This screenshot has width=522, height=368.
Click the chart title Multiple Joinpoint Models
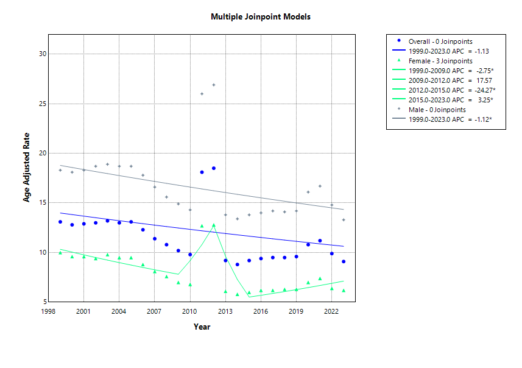260,16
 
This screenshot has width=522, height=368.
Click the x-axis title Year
202,327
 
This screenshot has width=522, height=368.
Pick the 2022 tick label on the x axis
331,311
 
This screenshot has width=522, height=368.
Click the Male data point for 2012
214,85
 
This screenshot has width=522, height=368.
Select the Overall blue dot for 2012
214,168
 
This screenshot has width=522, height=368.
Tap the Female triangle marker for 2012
214,225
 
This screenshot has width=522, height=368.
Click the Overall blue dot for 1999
60,222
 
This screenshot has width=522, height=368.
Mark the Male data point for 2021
320,186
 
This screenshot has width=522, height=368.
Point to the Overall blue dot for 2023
344,261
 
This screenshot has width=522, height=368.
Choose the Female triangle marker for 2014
237,294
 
